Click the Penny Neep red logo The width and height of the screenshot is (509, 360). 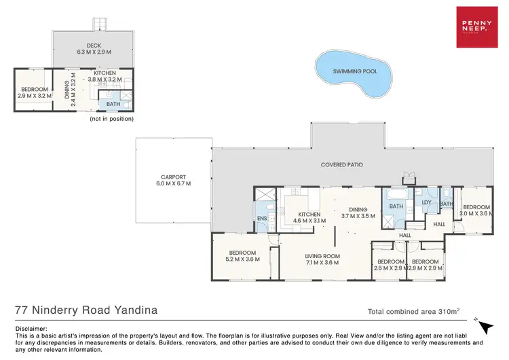tap(476, 27)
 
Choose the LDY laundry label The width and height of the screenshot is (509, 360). tap(427, 202)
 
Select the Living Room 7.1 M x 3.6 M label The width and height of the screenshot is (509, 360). tap(323, 260)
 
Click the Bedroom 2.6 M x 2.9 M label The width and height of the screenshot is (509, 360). tap(390, 265)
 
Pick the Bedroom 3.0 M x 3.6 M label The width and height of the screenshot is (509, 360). tap(476, 211)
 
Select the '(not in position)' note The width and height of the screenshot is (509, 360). tap(111, 119)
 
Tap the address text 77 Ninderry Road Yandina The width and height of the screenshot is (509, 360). tap(86, 310)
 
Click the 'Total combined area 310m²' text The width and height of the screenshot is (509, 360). tap(413, 312)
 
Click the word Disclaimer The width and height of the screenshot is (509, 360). tap(31, 328)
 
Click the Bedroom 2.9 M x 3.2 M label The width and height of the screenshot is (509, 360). tap(34, 92)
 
